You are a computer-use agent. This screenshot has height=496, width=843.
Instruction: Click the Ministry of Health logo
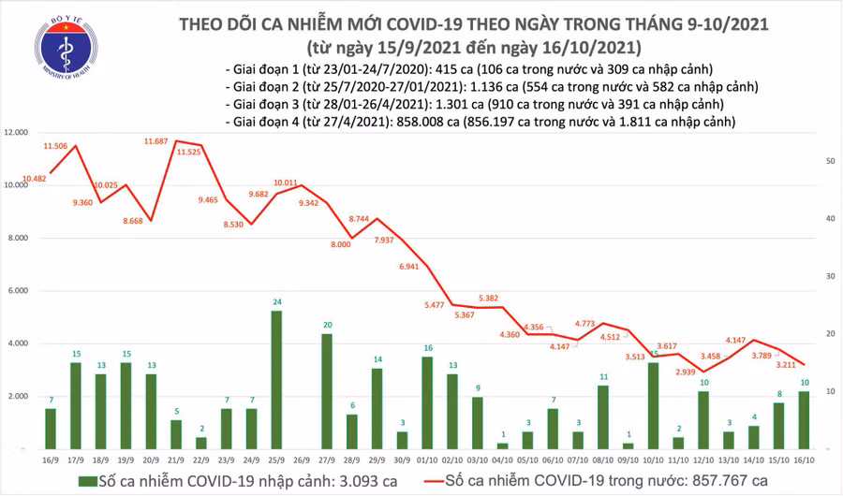pyautogui.click(x=64, y=48)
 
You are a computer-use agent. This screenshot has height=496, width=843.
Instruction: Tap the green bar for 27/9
pyautogui.click(x=327, y=391)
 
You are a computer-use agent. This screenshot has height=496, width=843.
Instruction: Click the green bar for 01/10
pyautogui.click(x=427, y=402)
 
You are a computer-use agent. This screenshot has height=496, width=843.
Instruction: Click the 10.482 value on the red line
pyautogui.click(x=35, y=179)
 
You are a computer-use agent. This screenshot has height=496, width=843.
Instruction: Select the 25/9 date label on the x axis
pyautogui.click(x=276, y=458)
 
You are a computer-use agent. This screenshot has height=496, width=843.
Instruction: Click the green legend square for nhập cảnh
pyautogui.click(x=86, y=480)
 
